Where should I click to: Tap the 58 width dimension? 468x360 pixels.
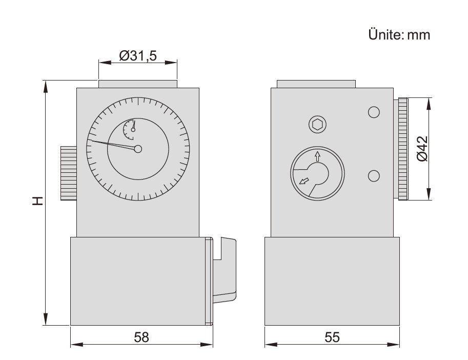point(141,337)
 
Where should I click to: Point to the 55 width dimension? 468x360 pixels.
point(332,337)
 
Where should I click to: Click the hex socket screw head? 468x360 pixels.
point(317,124)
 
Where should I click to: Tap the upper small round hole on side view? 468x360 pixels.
point(374,112)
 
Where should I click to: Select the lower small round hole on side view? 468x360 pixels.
point(374,175)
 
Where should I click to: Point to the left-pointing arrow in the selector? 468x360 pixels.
point(303,180)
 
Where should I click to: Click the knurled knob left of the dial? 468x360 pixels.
point(68,173)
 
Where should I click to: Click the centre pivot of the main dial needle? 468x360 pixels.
point(137,149)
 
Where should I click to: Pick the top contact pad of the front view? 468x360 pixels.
point(138,84)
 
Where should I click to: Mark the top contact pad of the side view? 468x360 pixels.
point(316,84)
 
